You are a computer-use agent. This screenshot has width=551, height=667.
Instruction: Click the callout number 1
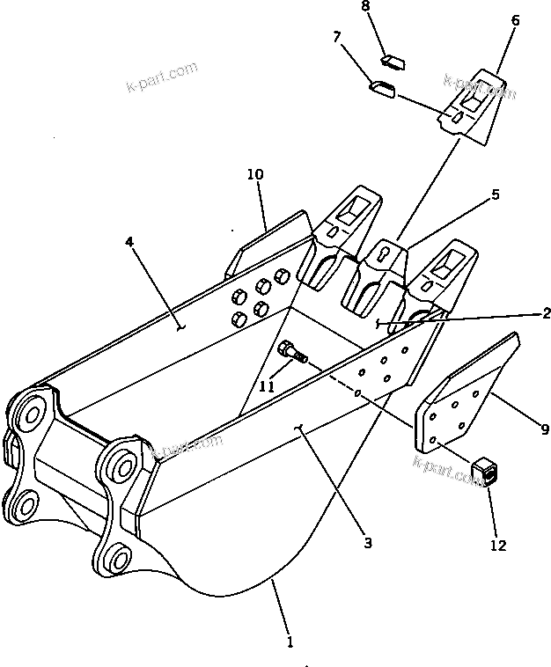(x=290, y=642)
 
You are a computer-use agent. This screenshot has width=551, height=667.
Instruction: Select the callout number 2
(x=546, y=312)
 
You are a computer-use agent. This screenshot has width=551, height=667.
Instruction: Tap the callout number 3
(x=367, y=543)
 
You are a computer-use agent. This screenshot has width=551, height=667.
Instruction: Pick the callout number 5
(x=496, y=194)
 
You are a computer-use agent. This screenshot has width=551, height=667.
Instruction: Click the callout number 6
(x=515, y=20)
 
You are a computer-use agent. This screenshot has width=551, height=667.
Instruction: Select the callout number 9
(x=545, y=429)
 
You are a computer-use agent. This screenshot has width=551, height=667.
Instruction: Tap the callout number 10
(x=254, y=175)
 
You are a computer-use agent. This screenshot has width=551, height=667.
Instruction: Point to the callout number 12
(x=497, y=546)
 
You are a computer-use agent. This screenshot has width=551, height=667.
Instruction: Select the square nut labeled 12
(x=486, y=472)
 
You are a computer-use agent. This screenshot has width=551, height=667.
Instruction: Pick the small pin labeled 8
(x=391, y=62)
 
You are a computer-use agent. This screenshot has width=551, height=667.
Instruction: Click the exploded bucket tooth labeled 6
(x=473, y=104)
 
